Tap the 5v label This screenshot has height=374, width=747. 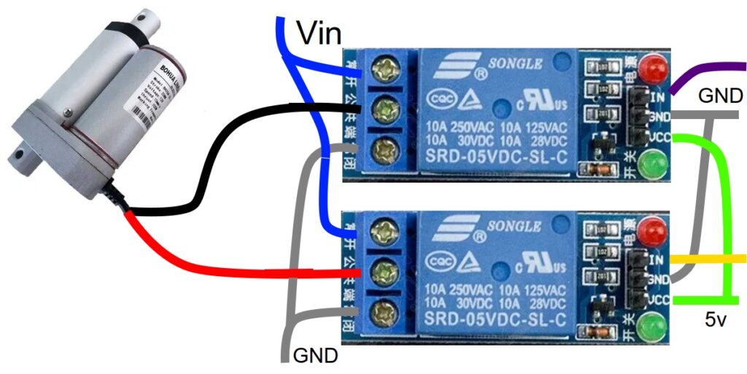click(719, 320)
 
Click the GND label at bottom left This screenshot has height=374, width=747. click(315, 356)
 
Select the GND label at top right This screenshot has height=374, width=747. click(720, 96)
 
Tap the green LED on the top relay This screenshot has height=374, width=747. click(653, 164)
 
